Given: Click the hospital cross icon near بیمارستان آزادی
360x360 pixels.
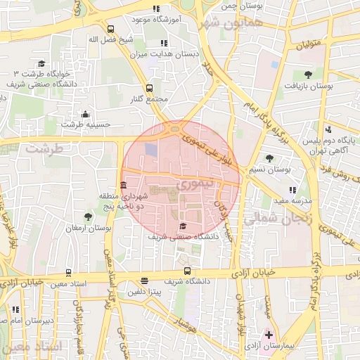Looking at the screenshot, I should pos(268,334).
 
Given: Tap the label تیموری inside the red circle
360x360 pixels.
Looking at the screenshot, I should pos(195,186).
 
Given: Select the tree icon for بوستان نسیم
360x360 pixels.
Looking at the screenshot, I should pos(270,158).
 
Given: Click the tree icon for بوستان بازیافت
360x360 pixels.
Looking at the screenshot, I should pos(308,74).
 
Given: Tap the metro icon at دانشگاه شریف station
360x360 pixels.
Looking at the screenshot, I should pos(187,271).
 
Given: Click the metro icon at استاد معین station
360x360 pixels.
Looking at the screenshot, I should pos(68,272).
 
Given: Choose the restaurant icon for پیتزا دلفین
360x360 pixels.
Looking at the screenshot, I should pos(144,280).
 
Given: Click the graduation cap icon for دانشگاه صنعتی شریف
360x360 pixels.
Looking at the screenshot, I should pos(184,226).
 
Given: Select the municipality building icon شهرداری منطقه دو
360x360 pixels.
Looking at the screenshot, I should pos(124,185).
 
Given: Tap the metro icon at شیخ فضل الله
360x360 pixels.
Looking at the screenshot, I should pos(110,29).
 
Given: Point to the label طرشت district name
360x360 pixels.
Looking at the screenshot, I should pos(44,149).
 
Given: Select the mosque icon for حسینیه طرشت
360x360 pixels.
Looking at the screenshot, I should pos(86,114).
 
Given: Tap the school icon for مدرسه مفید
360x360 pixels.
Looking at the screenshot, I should pos(292,190).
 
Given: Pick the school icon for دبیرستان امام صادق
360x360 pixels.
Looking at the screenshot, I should pos(15,309).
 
